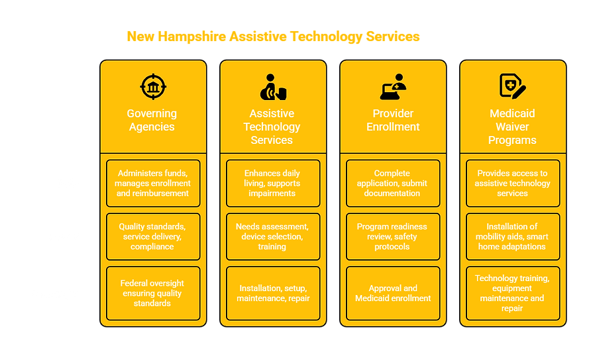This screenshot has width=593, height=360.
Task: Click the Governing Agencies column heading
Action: click(x=152, y=120)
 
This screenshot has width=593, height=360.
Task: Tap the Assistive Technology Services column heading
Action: click(x=272, y=127)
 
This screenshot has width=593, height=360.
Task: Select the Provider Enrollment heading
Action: click(x=393, y=120)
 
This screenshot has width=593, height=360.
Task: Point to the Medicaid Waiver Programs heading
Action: click(x=512, y=127)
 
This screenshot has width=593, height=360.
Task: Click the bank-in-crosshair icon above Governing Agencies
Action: click(x=153, y=87)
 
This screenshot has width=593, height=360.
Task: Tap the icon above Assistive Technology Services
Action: click(x=272, y=87)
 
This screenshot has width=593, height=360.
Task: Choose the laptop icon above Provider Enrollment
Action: click(x=393, y=87)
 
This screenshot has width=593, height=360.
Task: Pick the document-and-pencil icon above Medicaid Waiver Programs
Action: click(x=512, y=87)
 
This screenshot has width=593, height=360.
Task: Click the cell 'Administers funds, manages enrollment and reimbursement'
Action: click(x=152, y=183)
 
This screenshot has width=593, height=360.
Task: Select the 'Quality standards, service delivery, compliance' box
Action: click(x=152, y=237)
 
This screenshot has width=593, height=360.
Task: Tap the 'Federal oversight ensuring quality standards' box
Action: click(x=152, y=293)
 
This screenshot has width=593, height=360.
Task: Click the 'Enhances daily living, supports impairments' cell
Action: click(x=272, y=183)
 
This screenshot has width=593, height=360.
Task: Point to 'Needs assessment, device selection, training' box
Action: click(x=272, y=237)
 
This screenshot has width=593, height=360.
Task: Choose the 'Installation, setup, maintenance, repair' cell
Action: click(x=272, y=293)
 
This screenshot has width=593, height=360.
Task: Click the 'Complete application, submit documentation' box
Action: click(x=393, y=183)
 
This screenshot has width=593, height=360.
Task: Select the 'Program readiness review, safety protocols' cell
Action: click(x=393, y=237)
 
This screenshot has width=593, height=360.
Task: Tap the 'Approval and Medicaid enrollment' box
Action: click(x=393, y=293)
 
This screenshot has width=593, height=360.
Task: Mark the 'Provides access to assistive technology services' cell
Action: click(x=512, y=183)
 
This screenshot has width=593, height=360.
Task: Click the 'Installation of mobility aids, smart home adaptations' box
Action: click(x=512, y=237)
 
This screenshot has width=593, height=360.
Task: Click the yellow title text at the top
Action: click(x=273, y=36)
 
